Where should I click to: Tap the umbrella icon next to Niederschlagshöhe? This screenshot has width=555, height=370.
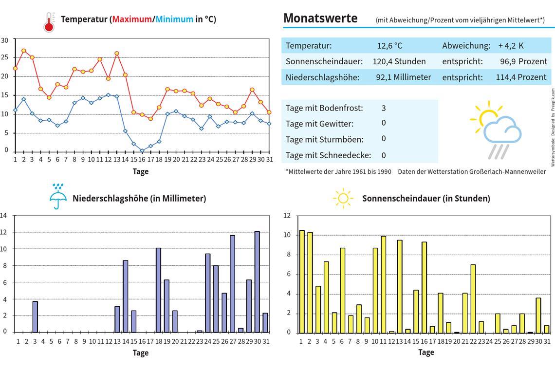[x=57, y=197]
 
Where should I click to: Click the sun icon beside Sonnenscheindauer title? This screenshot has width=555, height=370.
[x=343, y=198]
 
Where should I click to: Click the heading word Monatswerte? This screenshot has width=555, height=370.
[x=320, y=18]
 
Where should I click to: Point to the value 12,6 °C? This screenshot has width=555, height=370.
[x=389, y=46]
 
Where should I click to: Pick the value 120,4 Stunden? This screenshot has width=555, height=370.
[x=399, y=61]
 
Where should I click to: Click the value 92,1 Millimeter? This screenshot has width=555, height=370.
[x=403, y=77]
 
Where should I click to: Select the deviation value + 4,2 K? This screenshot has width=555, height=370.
[x=511, y=46]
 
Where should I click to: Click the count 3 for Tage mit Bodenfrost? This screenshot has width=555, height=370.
[x=384, y=108]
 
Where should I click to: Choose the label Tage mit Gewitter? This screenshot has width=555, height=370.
[x=319, y=124]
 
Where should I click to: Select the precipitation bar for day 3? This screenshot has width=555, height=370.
[x=35, y=317]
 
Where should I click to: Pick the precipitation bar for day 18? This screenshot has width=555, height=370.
[x=158, y=290]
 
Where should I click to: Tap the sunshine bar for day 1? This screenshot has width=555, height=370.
[x=302, y=281]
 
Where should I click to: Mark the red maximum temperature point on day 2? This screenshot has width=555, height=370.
[x=23, y=51]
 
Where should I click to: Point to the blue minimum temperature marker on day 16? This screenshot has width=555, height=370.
[x=142, y=150]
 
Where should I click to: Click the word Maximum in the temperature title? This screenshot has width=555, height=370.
[x=132, y=19]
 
